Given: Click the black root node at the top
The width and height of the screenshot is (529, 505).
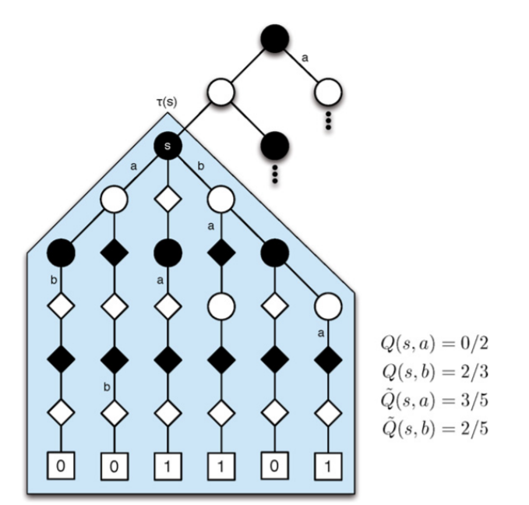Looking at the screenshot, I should tap(274, 37).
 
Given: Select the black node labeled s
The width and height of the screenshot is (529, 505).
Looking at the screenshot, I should tap(168, 147).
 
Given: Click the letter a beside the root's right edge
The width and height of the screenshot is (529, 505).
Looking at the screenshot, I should tap(305, 57).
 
